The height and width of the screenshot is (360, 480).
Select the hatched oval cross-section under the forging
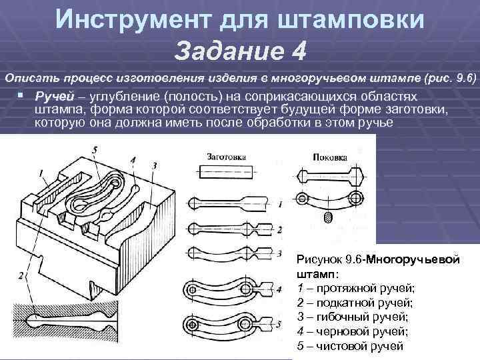(327, 217)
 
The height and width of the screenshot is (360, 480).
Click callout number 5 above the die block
(95, 151)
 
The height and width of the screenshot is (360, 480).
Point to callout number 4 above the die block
(133, 160)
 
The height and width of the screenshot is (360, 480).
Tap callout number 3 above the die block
(154, 165)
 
